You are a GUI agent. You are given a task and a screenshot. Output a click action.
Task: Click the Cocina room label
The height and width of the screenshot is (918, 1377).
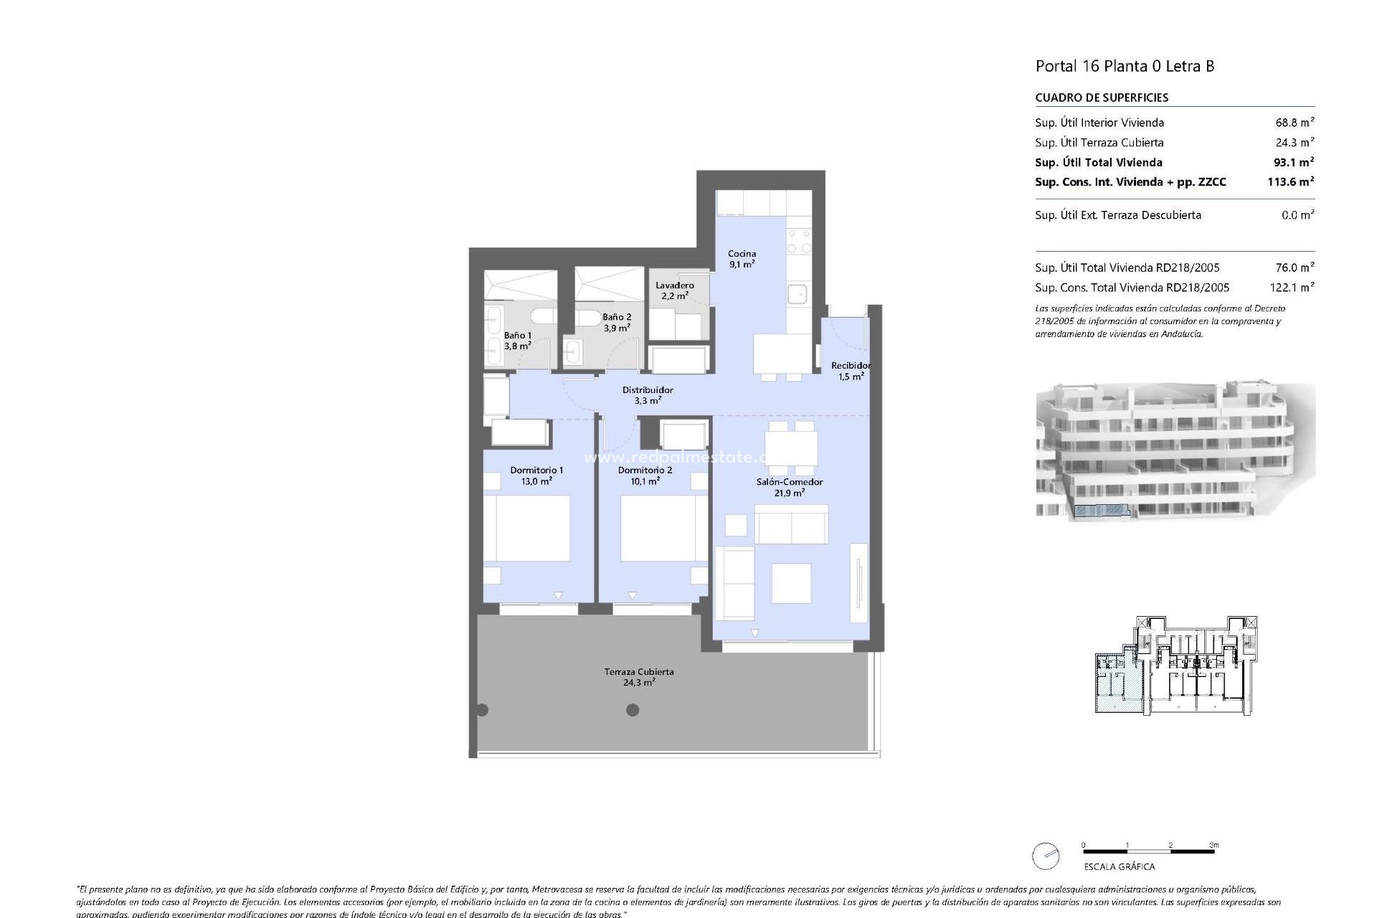tap(742, 258)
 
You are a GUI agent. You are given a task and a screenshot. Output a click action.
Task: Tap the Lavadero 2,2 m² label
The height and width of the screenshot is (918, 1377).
tap(674, 290)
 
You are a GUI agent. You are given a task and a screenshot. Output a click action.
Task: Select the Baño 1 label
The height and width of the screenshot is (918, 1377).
tap(518, 340)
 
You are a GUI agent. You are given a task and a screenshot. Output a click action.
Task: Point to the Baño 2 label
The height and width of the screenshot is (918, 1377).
tap(617, 322)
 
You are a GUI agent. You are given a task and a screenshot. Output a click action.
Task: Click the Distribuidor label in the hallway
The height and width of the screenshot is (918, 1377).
tap(648, 395)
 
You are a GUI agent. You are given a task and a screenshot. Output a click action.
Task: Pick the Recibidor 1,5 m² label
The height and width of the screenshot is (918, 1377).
tap(851, 370)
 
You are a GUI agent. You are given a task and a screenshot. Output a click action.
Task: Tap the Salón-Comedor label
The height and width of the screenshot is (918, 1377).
tap(790, 487)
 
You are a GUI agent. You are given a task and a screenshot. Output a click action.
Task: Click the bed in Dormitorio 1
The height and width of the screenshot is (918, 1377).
tap(527, 529)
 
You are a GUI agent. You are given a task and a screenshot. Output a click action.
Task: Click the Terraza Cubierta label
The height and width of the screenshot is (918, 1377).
tap(638, 677)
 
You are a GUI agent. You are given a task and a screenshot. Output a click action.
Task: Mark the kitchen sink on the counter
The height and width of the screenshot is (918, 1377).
tap(798, 294)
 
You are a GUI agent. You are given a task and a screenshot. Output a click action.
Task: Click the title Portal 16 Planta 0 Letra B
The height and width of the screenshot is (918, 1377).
tap(1125, 66)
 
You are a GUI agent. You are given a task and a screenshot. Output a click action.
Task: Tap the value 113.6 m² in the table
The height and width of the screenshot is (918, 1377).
tap(1290, 181)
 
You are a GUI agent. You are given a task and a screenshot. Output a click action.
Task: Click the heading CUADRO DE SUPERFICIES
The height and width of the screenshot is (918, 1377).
tap(1102, 98)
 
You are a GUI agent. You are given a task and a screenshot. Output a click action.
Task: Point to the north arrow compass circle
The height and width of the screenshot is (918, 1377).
tap(1046, 856)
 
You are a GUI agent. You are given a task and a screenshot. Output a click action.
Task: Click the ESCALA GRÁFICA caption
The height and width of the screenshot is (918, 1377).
tap(1120, 866)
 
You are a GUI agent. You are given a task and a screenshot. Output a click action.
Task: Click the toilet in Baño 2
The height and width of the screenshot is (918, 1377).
tap(590, 317)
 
